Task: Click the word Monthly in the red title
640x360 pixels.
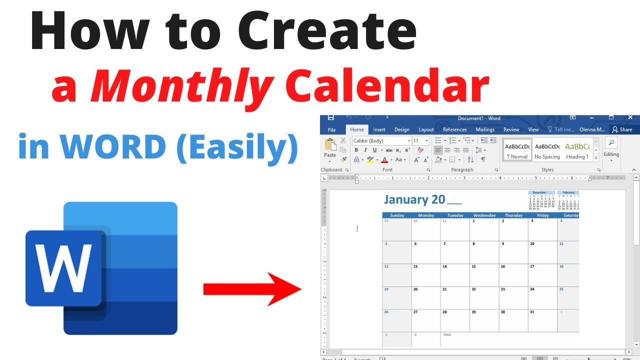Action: pos(182,87)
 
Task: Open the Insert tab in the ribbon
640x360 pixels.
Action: pos(379,129)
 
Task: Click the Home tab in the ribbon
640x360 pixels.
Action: pos(357,129)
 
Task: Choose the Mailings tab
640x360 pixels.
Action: pos(485,129)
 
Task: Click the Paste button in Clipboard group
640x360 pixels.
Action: pos(330,148)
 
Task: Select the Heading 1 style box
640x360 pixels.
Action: pos(577,150)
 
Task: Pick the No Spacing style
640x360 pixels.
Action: pos(547,150)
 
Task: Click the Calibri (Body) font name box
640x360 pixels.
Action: pos(381,141)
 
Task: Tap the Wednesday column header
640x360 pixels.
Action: pos(484,215)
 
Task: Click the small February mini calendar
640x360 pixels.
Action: pos(568,199)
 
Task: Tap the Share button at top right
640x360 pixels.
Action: pos(622,129)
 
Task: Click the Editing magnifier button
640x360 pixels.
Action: pos(611,143)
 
